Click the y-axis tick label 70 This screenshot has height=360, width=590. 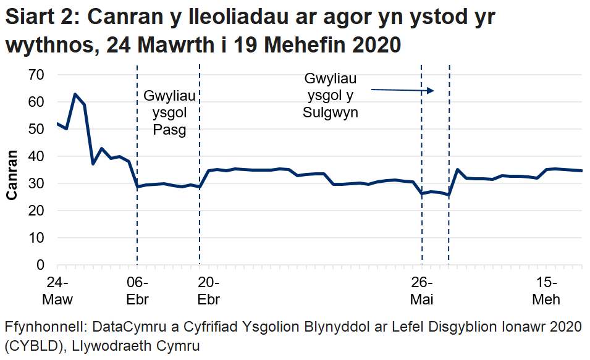point(37,75)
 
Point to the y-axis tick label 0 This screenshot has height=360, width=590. point(41,265)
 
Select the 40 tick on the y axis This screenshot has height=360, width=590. point(37,156)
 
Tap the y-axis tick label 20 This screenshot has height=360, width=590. point(37,211)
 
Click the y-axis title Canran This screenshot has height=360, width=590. point(12,176)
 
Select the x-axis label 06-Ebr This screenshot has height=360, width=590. point(137,291)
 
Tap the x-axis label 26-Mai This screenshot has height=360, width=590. point(422,291)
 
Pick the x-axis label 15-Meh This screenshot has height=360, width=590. point(547,291)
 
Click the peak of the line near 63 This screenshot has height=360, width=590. point(75,94)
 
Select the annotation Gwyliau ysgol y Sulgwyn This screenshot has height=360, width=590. point(331,96)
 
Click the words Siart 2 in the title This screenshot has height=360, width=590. point(41,18)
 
